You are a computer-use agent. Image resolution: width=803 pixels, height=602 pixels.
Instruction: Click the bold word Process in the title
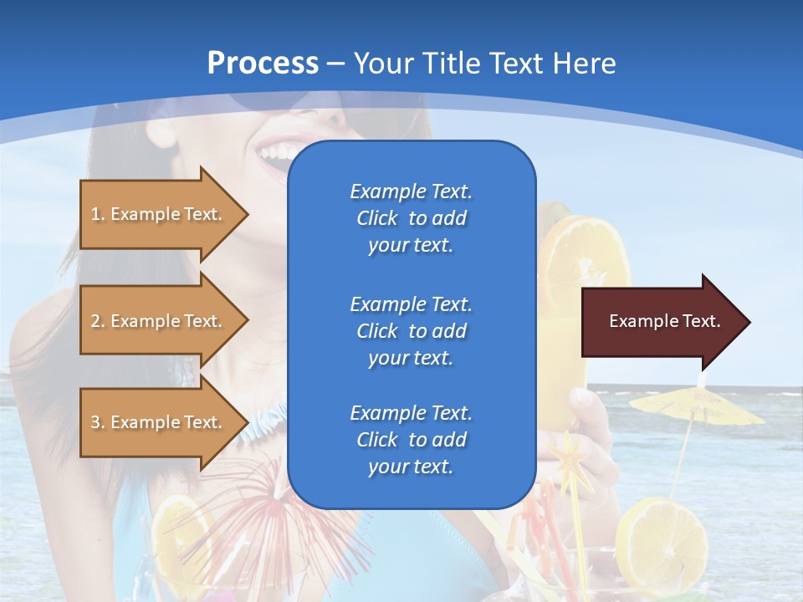[263, 64]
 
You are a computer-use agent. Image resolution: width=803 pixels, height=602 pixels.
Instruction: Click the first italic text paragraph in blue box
[412, 218]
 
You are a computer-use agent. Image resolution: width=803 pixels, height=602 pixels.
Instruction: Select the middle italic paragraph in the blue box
[412, 331]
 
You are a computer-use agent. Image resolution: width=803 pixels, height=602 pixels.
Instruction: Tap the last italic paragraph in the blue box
[412, 440]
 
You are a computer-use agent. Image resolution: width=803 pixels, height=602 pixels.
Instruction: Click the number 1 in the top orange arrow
[96, 214]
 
